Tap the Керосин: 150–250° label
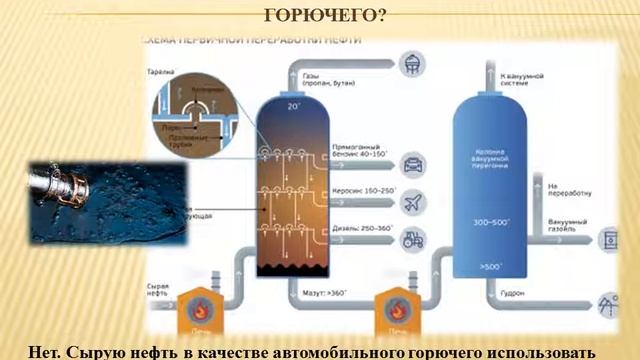362,189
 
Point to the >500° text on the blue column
492,267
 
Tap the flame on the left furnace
193,306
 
